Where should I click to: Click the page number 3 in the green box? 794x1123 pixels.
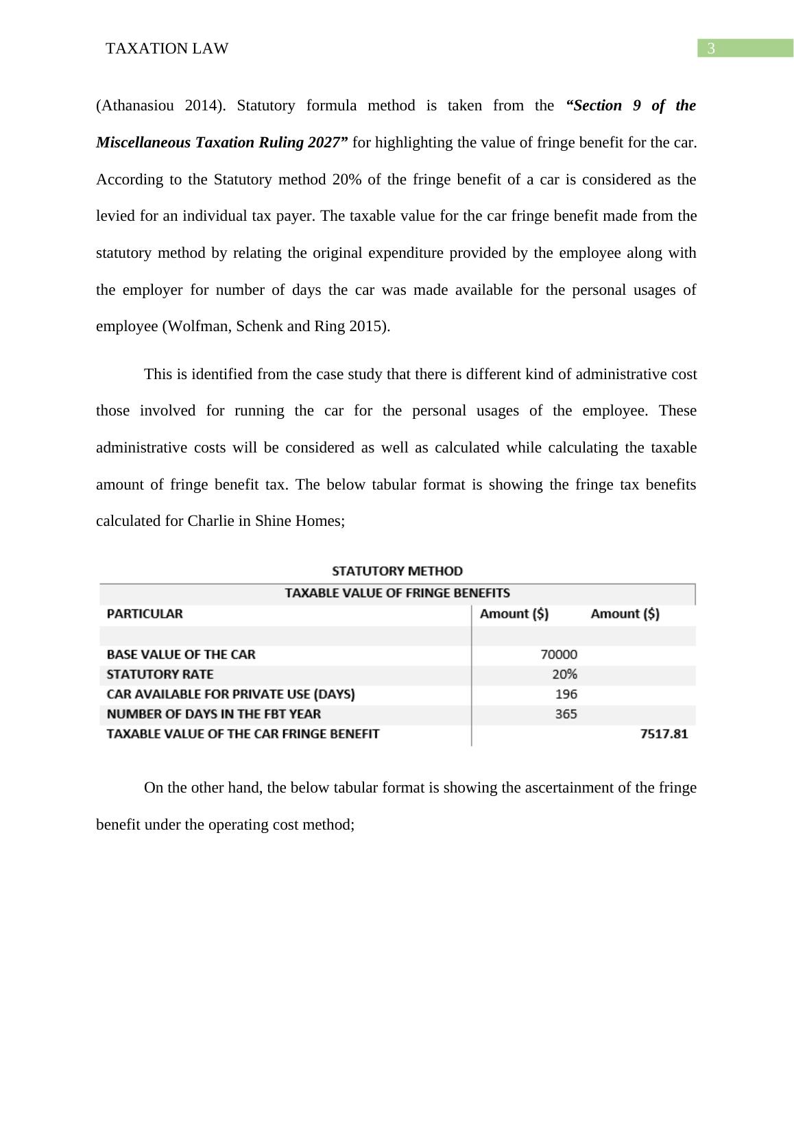711,49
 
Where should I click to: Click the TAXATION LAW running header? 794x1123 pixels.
167,49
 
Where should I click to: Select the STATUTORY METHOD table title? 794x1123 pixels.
397,571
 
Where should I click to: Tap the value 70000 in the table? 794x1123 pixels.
559,655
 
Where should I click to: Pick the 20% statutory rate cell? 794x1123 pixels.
564,675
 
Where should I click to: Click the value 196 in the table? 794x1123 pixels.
566,695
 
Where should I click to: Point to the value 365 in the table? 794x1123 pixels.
566,714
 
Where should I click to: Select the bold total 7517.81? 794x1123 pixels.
663,734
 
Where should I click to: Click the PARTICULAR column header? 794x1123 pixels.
145,614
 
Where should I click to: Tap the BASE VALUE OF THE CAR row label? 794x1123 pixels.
181,655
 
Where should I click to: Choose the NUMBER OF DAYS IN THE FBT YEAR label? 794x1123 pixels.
213,714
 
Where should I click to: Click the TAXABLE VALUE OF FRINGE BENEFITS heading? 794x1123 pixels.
397,593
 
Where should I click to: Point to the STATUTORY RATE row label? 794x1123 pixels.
160,675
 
